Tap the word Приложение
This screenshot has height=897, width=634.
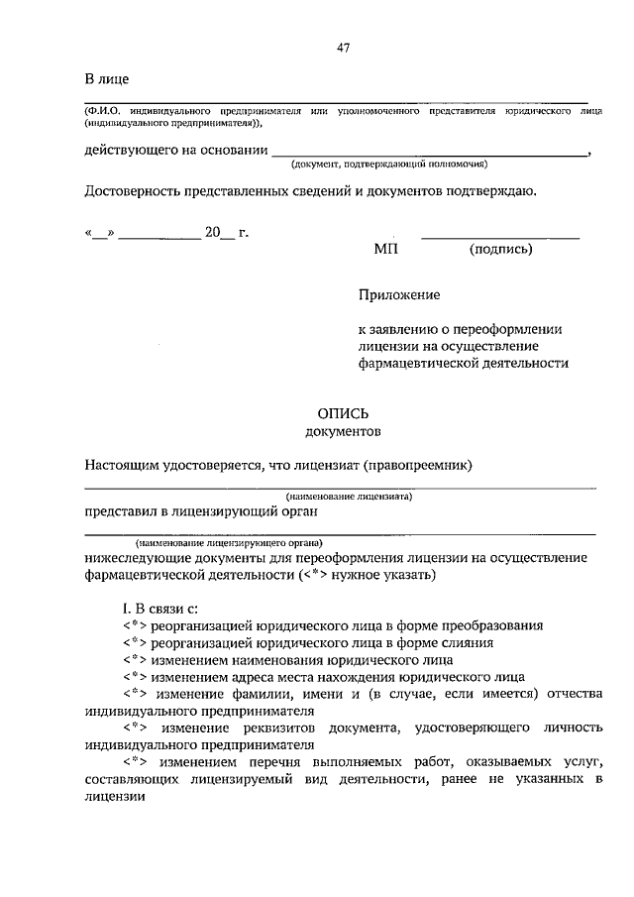click(x=399, y=295)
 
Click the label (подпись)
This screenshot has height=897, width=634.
click(x=500, y=250)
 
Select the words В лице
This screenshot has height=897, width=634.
click(x=106, y=79)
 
